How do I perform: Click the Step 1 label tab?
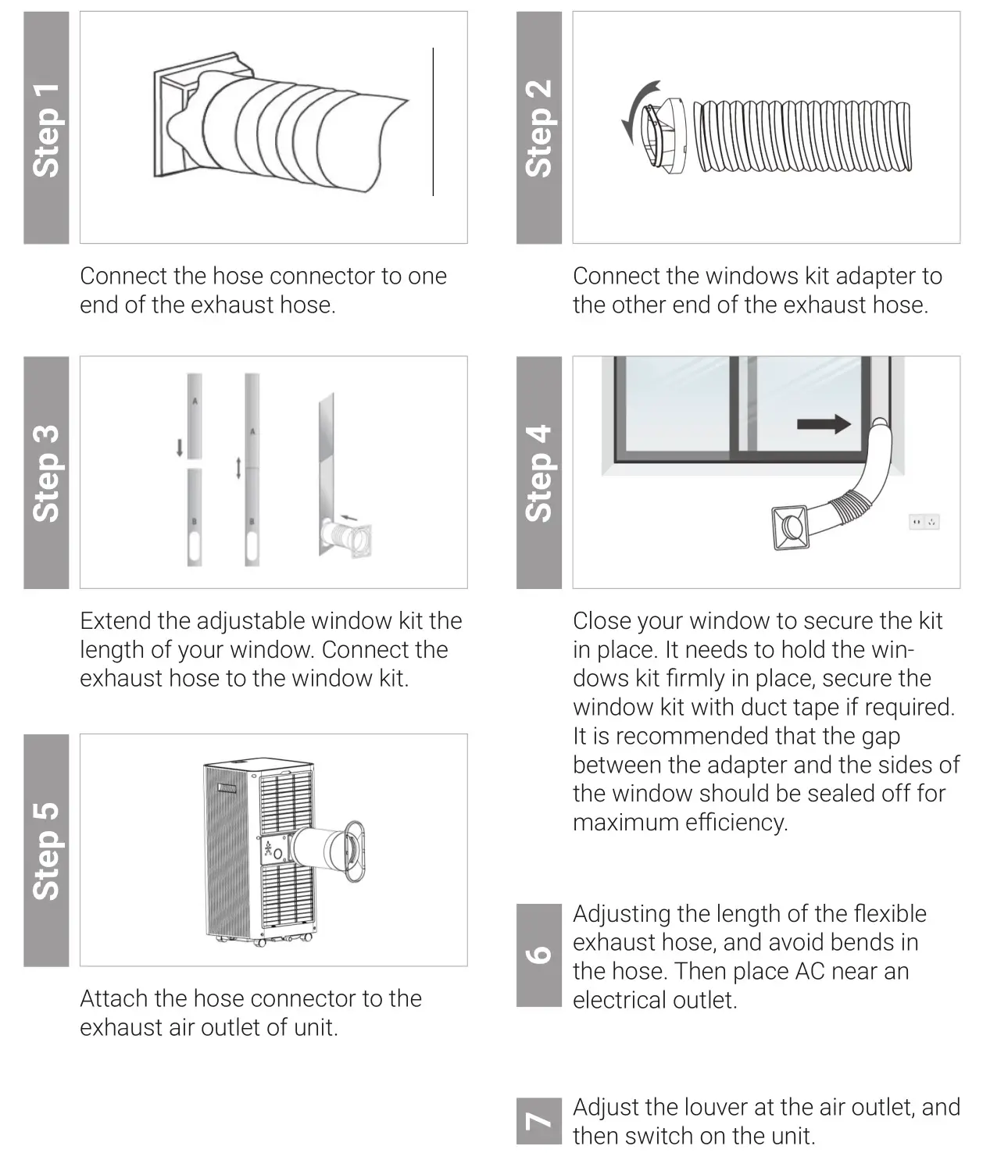coord(46,128)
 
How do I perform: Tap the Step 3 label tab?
coord(46,473)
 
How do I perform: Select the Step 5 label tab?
coord(46,850)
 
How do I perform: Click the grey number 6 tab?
coord(538,955)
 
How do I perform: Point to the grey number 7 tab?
coord(538,1121)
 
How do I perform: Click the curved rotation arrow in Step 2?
coord(636,114)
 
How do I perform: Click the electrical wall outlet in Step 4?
coord(924,522)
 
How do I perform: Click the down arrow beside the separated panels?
coord(180,448)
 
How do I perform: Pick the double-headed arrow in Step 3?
coord(239,469)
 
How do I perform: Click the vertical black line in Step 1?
coord(433,122)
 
